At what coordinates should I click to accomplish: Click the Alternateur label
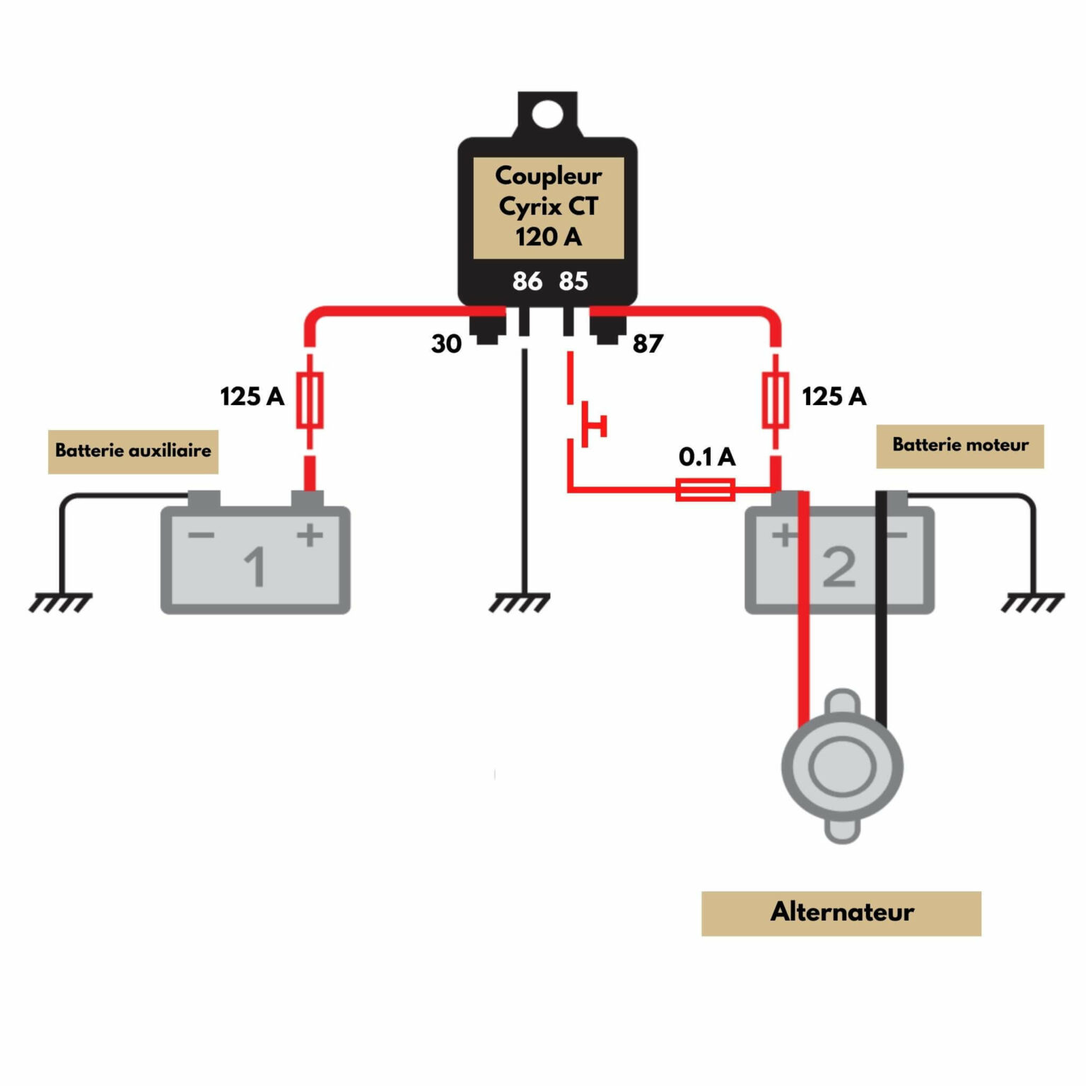pos(841,913)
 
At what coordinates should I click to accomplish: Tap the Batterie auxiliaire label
pos(133,451)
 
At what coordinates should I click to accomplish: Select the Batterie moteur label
pos(959,445)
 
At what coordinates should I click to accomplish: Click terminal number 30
pos(446,344)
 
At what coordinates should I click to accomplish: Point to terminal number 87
pos(648,344)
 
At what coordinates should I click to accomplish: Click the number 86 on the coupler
pos(527,281)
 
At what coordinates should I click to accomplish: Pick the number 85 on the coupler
pos(573,281)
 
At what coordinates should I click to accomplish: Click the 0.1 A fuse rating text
pos(707,457)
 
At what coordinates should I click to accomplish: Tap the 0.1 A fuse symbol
pos(705,489)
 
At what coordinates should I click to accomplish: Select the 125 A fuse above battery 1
pos(310,400)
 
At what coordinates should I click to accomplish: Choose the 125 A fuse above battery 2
pos(776,400)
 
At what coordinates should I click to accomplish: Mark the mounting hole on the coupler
pos(547,114)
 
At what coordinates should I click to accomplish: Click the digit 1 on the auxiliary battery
pos(255,567)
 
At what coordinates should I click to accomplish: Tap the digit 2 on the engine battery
pos(839,567)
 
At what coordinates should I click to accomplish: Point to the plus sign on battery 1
pos(310,535)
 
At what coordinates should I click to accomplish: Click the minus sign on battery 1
pos(202,535)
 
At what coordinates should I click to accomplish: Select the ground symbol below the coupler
pos(520,602)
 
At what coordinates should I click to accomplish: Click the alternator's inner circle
pos(842,767)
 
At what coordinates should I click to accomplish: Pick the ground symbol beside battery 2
pos(1033,602)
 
